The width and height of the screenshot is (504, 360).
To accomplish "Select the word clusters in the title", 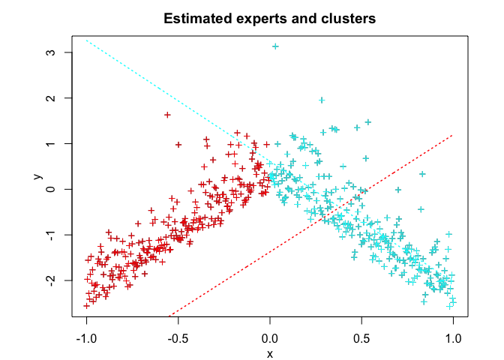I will pos(348,18).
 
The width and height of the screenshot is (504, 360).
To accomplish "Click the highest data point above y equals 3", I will pos(275,46).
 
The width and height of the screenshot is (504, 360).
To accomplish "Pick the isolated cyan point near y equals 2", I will pos(322,100).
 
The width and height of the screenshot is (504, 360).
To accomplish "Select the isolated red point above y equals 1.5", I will pos(167,115).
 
